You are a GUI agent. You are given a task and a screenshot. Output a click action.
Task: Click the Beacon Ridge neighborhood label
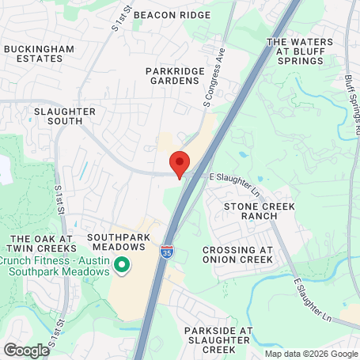point(183,15)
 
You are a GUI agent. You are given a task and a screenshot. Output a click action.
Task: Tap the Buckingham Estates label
point(39,54)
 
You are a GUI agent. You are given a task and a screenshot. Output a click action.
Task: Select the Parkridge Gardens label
point(182,76)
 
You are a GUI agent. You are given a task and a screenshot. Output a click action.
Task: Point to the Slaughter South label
point(66,116)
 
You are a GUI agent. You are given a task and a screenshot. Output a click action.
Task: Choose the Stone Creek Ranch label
point(259,210)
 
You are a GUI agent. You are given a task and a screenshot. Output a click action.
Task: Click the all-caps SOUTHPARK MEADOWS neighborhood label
point(116,242)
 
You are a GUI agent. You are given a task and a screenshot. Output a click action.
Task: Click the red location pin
point(180,163)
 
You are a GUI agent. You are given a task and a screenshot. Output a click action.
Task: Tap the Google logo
point(26,350)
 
